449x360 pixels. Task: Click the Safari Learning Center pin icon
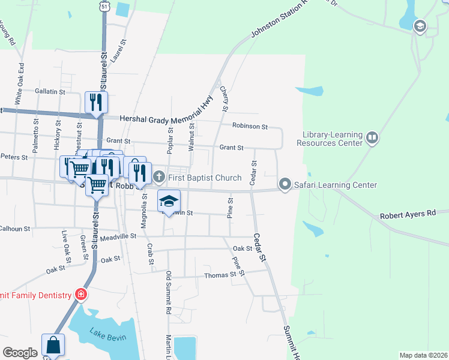(x=285, y=184)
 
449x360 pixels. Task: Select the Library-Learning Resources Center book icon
(x=372, y=139)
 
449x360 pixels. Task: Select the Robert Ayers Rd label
(x=408, y=214)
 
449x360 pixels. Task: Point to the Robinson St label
(x=250, y=127)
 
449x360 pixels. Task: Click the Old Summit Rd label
(x=169, y=294)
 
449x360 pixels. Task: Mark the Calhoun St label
(x=14, y=229)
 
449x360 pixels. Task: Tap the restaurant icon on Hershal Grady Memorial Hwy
(x=95, y=103)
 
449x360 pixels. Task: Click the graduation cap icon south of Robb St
(x=169, y=201)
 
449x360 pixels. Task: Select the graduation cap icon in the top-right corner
(x=420, y=26)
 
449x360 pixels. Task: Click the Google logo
(x=20, y=353)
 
